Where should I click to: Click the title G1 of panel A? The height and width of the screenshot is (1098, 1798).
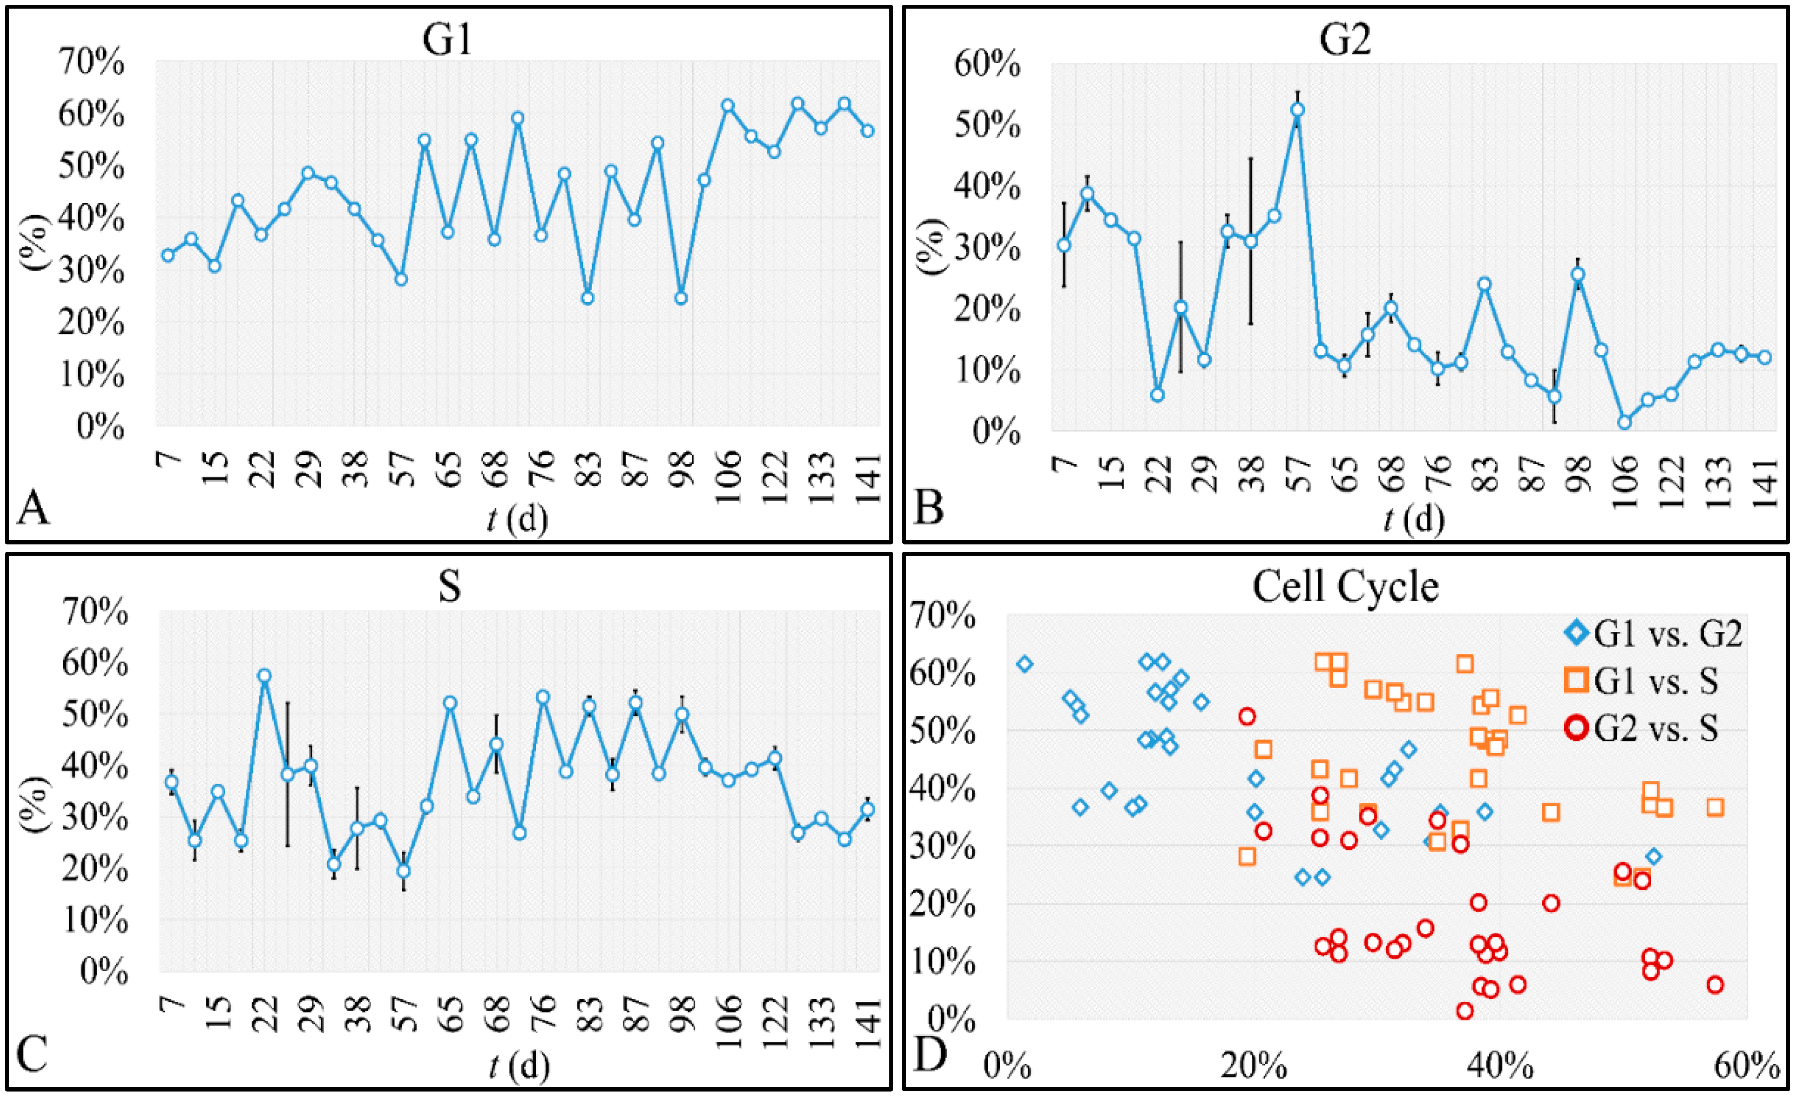pos(447,39)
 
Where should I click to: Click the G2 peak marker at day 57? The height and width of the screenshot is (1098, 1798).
pos(1297,110)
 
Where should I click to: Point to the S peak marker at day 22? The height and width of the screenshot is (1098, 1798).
pos(264,676)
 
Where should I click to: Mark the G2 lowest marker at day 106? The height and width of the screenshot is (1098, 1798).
pos(1625,422)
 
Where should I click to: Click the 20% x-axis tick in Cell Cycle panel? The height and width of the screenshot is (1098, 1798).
pos(1253,1067)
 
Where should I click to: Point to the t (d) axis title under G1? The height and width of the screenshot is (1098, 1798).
pos(516,520)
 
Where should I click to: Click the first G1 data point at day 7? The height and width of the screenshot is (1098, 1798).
pos(169,254)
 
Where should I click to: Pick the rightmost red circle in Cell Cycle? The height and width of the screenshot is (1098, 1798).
pos(1715,985)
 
